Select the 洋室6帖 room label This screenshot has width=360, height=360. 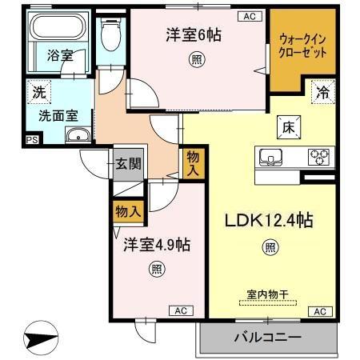click(194, 34)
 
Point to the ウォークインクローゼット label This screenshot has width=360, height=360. click(302, 45)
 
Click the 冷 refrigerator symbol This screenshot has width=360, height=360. click(322, 91)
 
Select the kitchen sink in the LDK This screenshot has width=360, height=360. click(270, 155)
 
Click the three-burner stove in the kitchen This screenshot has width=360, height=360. click(319, 156)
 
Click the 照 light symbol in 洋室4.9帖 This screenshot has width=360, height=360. click(156, 270)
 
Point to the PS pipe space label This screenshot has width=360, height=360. click(31, 140)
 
